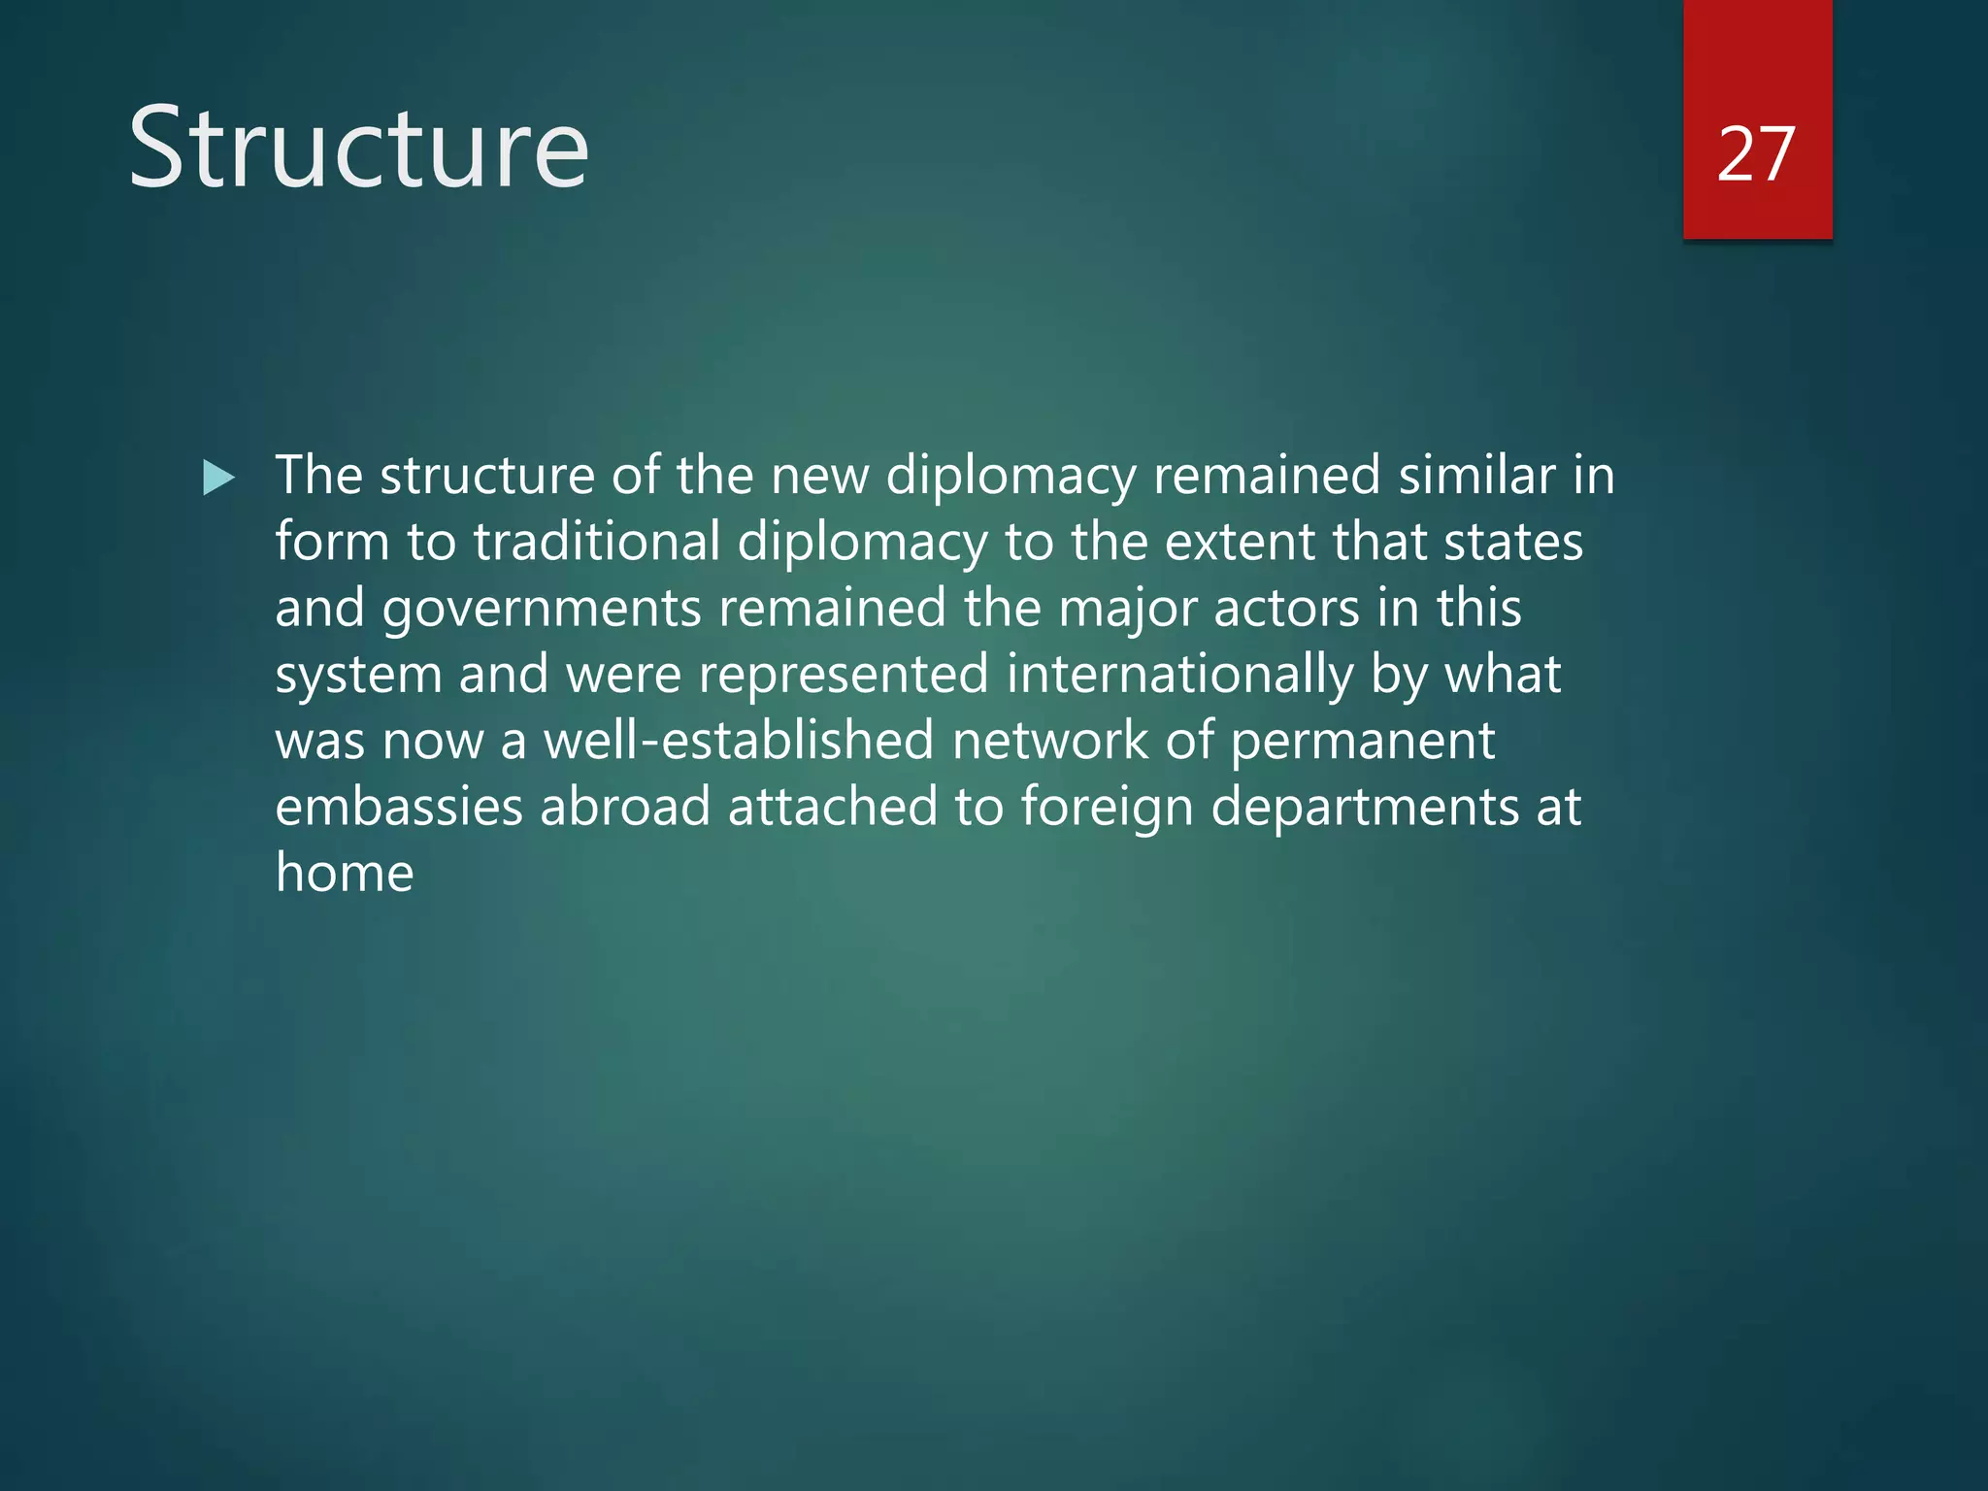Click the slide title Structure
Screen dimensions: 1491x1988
[358, 149]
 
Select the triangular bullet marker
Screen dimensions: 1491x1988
[219, 478]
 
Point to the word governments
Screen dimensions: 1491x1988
[542, 609]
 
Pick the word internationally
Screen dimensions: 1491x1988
[1179, 675]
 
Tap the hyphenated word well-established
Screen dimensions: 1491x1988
[739, 740]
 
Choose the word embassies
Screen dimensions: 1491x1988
[398, 807]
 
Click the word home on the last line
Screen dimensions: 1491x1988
[345, 872]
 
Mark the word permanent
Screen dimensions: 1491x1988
[1363, 741]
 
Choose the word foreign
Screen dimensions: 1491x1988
[1107, 808]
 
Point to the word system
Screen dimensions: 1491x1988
[358, 675]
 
